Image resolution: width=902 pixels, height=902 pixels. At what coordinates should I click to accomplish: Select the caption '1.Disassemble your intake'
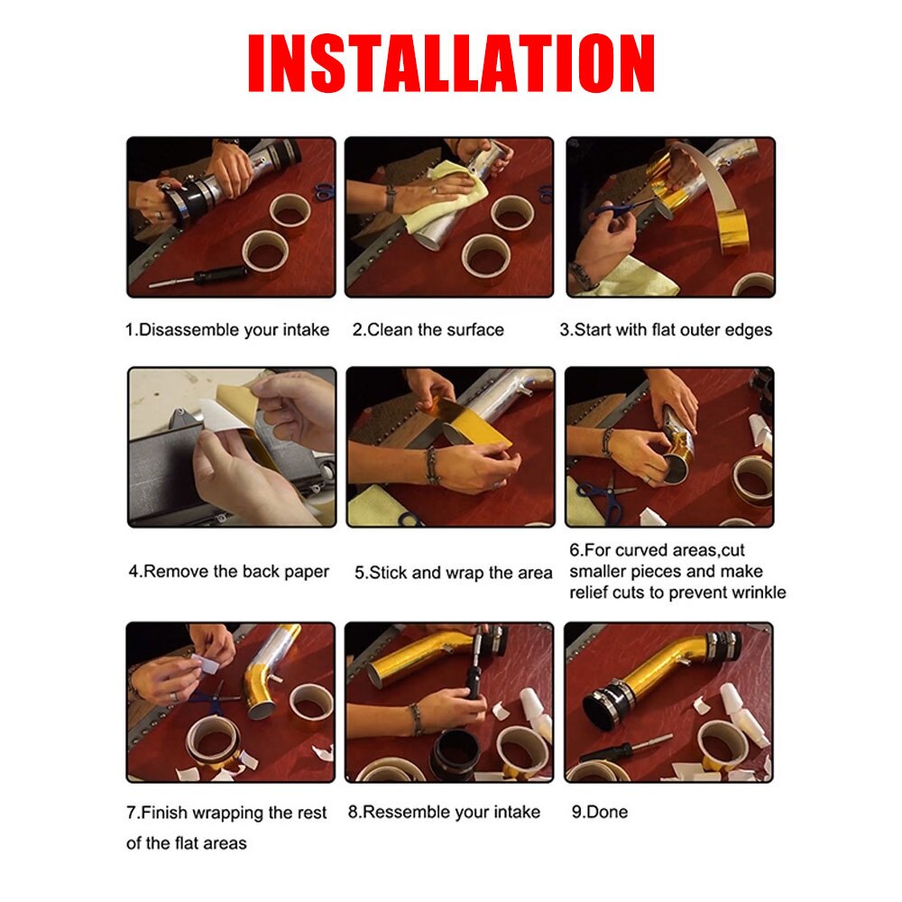click(x=226, y=329)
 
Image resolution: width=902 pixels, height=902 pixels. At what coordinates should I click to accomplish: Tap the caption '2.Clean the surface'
click(x=428, y=329)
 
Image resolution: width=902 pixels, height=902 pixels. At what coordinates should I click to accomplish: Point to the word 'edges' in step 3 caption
click(x=748, y=329)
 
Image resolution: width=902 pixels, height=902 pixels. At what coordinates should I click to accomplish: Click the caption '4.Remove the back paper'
click(x=228, y=571)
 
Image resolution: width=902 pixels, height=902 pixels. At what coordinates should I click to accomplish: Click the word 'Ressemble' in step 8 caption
click(x=407, y=812)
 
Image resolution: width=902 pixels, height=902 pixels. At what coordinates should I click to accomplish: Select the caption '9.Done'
click(x=599, y=812)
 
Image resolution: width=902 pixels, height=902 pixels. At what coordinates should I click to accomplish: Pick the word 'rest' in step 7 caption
click(x=311, y=813)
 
